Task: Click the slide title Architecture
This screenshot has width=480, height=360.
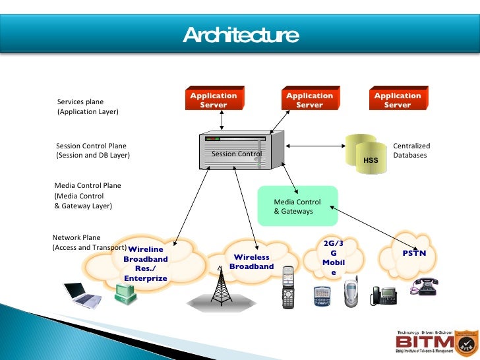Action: click(240, 34)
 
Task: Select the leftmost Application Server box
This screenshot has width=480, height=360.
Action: click(213, 100)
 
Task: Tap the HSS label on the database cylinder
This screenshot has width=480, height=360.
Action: click(371, 160)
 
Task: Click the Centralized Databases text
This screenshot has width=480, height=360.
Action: click(411, 151)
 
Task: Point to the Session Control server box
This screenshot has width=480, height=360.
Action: click(241, 151)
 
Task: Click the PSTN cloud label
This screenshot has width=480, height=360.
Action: click(414, 253)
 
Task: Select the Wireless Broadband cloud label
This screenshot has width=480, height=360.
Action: click(251, 262)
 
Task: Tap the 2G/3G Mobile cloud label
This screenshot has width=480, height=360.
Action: click(334, 258)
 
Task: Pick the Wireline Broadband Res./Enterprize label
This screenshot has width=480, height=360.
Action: click(146, 264)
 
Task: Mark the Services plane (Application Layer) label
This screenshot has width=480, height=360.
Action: click(88, 107)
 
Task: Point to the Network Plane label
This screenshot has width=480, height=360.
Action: click(76, 237)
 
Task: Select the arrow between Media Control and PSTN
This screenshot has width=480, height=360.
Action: click(369, 225)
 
